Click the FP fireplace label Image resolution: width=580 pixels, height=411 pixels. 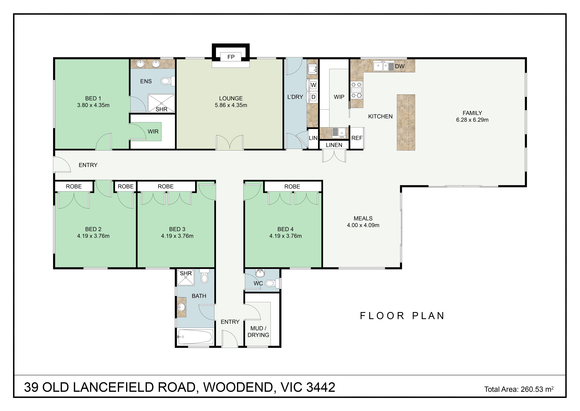(x=231, y=57)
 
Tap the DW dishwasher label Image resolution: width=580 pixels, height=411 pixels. (x=400, y=66)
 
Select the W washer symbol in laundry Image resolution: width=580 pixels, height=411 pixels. (x=313, y=85)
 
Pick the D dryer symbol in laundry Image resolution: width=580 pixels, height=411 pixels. (x=313, y=97)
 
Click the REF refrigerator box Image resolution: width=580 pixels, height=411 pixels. (x=357, y=138)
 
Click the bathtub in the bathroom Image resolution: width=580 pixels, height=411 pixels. (x=195, y=337)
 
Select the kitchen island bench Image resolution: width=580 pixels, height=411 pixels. (x=406, y=123)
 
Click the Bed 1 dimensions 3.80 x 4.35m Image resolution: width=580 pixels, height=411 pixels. (x=93, y=105)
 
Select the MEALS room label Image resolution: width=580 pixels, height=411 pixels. (x=363, y=218)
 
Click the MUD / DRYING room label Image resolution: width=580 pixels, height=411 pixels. (x=258, y=332)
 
